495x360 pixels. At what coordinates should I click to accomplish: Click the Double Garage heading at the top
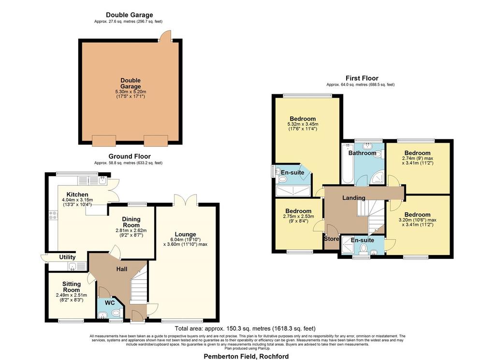130,15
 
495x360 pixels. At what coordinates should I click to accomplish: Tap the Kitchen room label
77,195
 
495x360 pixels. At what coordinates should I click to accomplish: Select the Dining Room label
131,222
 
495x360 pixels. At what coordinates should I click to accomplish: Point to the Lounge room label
185,234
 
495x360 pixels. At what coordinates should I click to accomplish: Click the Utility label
67,257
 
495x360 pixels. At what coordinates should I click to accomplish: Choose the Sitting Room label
72,287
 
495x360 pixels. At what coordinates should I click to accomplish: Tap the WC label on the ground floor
110,303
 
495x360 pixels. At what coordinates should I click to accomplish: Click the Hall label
122,269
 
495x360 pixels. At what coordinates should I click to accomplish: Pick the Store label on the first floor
332,239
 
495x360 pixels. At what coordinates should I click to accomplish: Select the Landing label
354,198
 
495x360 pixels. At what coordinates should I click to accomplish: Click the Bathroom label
362,153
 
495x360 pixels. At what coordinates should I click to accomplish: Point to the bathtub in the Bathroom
348,164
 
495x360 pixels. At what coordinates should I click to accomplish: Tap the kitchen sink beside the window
102,180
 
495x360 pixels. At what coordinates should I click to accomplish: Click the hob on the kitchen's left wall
53,215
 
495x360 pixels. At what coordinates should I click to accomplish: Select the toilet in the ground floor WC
116,313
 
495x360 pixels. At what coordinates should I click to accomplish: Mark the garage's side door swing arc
164,36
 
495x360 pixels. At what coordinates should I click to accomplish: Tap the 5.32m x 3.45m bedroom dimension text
303,124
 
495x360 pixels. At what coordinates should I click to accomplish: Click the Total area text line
245,329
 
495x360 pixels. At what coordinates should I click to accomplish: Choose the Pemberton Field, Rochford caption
246,357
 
